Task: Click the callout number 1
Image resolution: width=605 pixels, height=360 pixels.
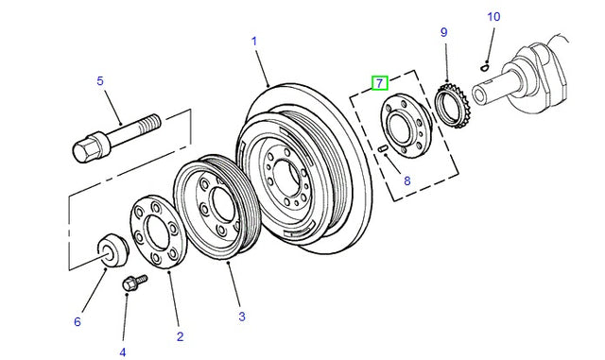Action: point(254,41)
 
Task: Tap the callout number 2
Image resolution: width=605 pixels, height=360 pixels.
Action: point(180,336)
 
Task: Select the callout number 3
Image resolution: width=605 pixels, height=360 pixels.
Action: point(242,317)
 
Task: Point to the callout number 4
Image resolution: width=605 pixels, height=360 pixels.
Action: point(122,352)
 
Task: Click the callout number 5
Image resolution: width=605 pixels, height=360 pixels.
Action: point(100,81)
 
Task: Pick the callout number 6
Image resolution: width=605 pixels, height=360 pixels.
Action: point(78,321)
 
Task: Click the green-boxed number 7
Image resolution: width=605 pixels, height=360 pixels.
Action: point(379,83)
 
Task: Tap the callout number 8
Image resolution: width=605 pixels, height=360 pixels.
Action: point(407,180)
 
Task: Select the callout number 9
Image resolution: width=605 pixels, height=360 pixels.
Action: point(443,32)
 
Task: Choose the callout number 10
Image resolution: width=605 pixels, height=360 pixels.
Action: point(493,17)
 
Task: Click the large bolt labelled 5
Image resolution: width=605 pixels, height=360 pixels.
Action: point(116,138)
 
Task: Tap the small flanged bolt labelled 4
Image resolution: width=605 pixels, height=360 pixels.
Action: point(134,283)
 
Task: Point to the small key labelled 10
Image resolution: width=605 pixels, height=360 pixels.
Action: point(485,67)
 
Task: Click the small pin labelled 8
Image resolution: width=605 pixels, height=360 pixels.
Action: point(382,148)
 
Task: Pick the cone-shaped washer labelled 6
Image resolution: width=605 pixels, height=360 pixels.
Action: point(112,250)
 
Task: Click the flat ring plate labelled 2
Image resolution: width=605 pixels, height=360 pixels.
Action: point(158,231)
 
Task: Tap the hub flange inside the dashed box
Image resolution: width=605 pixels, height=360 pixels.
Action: point(406,126)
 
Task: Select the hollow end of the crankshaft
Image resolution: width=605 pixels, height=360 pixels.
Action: point(480,95)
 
